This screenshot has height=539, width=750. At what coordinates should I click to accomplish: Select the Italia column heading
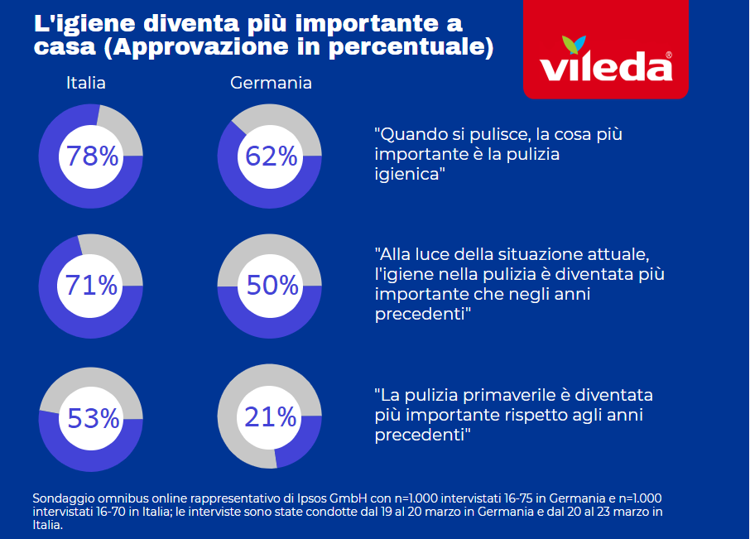click(x=86, y=84)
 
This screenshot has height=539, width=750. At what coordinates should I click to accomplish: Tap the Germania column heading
click(x=271, y=84)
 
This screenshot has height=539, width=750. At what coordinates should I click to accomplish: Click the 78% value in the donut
click(x=92, y=156)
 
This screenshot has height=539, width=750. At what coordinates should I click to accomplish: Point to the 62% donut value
click(x=269, y=156)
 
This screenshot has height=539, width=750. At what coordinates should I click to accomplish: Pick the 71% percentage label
click(x=92, y=286)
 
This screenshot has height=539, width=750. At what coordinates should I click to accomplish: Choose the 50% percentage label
click(x=272, y=286)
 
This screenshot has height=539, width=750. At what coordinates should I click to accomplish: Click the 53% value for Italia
click(x=93, y=419)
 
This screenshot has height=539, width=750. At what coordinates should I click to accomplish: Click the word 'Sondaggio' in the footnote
click(x=64, y=498)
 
